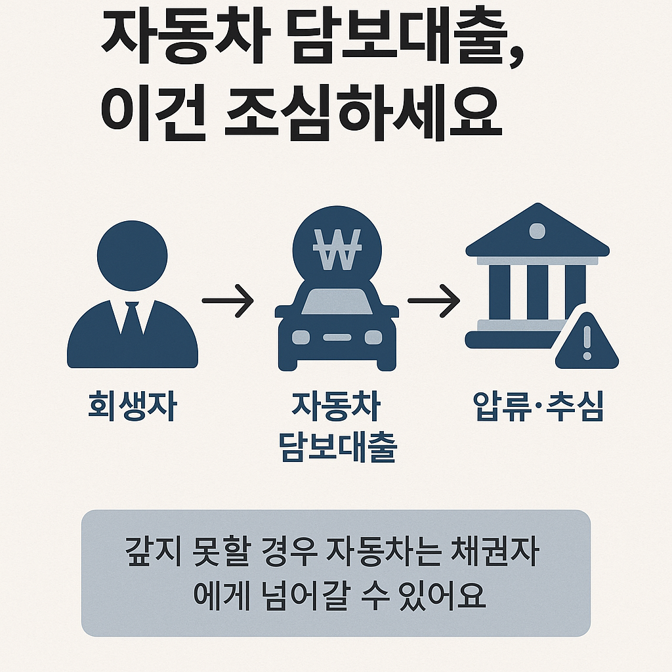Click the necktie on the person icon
coord(132,322)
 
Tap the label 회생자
coord(132,406)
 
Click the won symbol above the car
coord(336,249)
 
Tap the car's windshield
coord(336,303)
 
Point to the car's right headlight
coord(373,337)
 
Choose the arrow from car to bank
coord(433,301)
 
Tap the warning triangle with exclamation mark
coord(587,343)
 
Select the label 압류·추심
coord(538,406)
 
